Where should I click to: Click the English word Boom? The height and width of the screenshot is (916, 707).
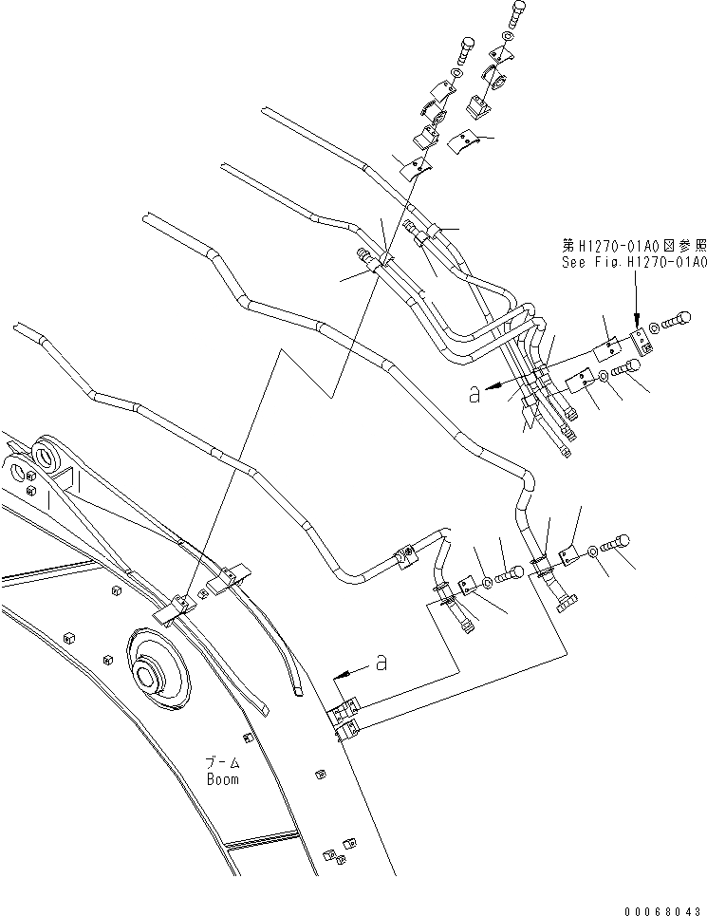pos(224,779)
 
